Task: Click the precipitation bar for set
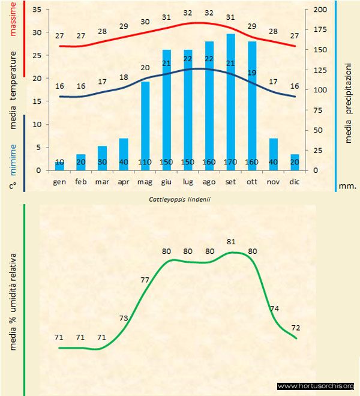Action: click(230, 102)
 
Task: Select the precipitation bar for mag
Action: click(145, 126)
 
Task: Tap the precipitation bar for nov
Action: click(273, 154)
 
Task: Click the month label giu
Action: click(166, 181)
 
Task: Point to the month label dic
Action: click(295, 181)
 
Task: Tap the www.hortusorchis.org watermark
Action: click(316, 386)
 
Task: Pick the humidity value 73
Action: click(123, 318)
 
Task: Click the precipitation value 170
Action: click(230, 162)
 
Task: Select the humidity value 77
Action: click(145, 280)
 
